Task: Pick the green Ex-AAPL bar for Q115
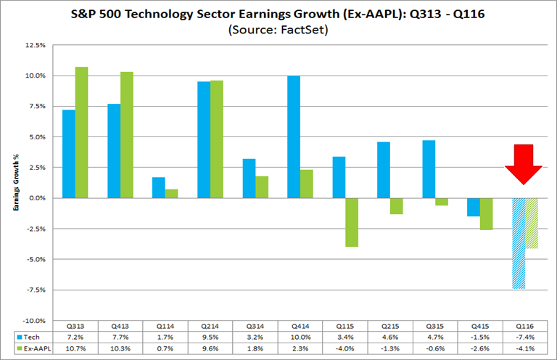click(352, 222)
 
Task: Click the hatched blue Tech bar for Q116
click(518, 243)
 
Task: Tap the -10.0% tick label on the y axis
click(34, 320)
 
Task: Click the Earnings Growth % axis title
click(15, 182)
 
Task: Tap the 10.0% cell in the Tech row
click(300, 338)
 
